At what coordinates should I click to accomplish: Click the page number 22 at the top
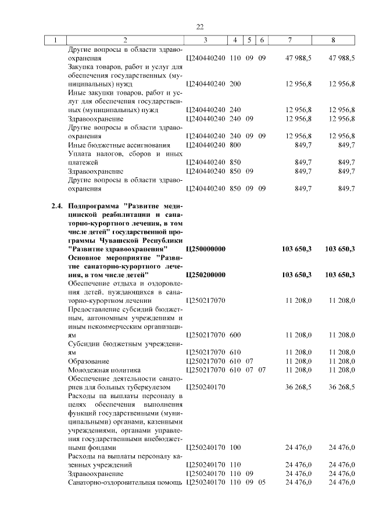tap(199, 27)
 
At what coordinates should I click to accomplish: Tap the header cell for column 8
tap(332, 41)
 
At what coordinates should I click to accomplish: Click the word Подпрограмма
tap(95, 206)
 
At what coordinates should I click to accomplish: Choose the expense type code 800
tap(235, 145)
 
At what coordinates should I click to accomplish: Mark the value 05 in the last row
tap(262, 482)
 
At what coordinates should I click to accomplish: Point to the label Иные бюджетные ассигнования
tap(119, 145)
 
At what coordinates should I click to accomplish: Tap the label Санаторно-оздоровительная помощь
tap(125, 482)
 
